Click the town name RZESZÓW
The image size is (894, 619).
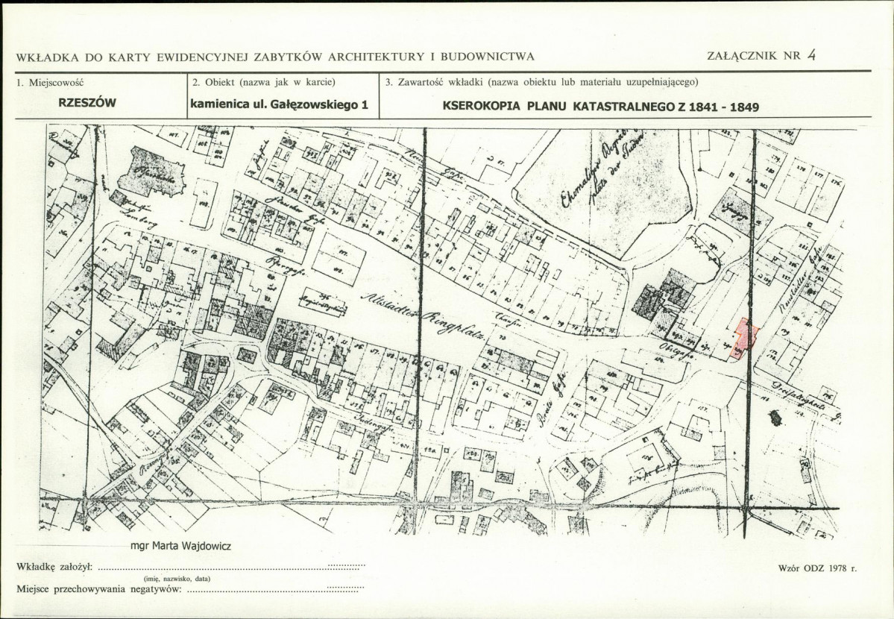click(x=87, y=104)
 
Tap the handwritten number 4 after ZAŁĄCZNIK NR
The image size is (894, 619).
click(x=811, y=54)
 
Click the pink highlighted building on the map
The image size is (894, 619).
click(x=745, y=339)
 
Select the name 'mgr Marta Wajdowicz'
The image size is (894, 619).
click(x=180, y=544)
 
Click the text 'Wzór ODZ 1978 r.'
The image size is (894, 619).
click(x=817, y=568)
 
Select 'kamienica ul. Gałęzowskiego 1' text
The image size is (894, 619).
click(x=280, y=105)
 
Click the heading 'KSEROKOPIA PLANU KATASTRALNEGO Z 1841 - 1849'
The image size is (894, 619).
click(x=600, y=106)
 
